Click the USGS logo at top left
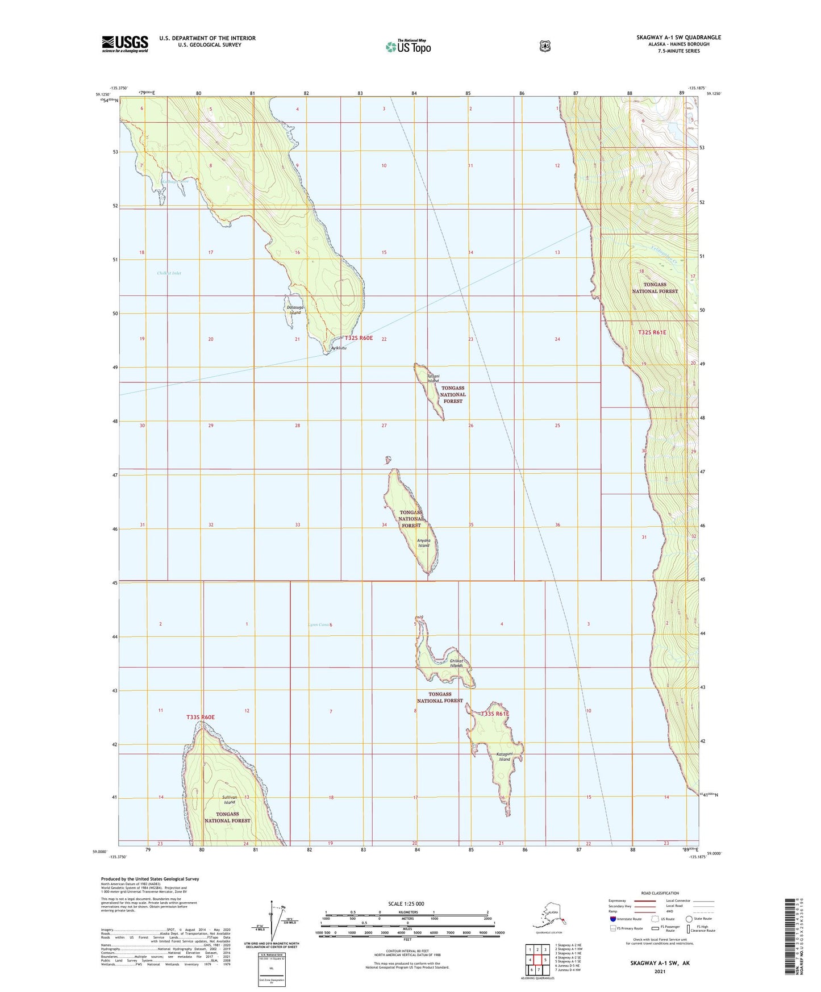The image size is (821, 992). pyautogui.click(x=125, y=44)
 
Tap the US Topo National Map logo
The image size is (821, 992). pyautogui.click(x=408, y=46)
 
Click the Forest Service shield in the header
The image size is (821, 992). pyautogui.click(x=545, y=46)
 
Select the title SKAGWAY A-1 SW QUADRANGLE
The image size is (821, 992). pyautogui.click(x=678, y=37)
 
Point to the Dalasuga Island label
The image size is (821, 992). pyautogui.click(x=295, y=310)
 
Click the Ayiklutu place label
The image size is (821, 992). pyautogui.click(x=338, y=348)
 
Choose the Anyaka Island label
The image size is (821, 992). pyautogui.click(x=423, y=543)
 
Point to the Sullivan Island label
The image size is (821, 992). pyautogui.click(x=229, y=800)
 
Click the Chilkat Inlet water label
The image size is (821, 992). pyautogui.click(x=169, y=273)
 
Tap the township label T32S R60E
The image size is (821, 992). pyautogui.click(x=359, y=338)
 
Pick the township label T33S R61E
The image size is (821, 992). pyautogui.click(x=495, y=714)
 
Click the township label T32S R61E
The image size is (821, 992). pyautogui.click(x=652, y=332)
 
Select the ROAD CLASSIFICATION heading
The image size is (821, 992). pyautogui.click(x=659, y=893)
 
